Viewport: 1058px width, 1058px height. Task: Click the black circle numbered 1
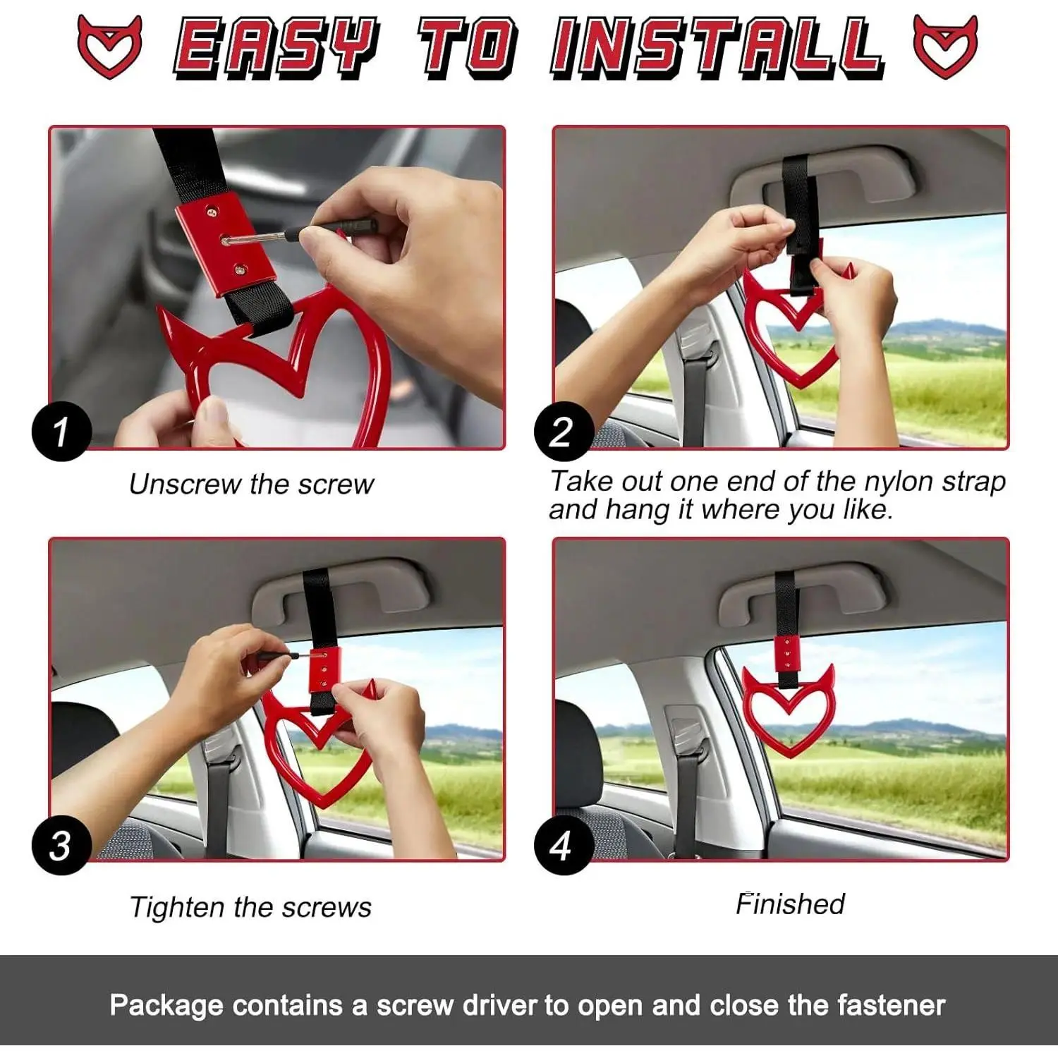click(x=61, y=431)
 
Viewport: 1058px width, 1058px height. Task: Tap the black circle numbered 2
click(x=562, y=431)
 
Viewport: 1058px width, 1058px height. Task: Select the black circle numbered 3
click(x=61, y=844)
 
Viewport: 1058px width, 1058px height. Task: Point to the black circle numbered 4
click(x=562, y=844)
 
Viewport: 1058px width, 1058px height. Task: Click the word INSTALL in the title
click(x=717, y=48)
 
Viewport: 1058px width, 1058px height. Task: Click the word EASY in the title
click(x=276, y=48)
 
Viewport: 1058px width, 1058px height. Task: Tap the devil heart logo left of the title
click(x=110, y=46)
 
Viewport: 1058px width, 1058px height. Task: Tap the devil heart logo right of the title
click(x=946, y=46)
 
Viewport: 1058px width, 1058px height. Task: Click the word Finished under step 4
click(x=790, y=904)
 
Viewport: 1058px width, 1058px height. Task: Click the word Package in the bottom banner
click(x=166, y=1006)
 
